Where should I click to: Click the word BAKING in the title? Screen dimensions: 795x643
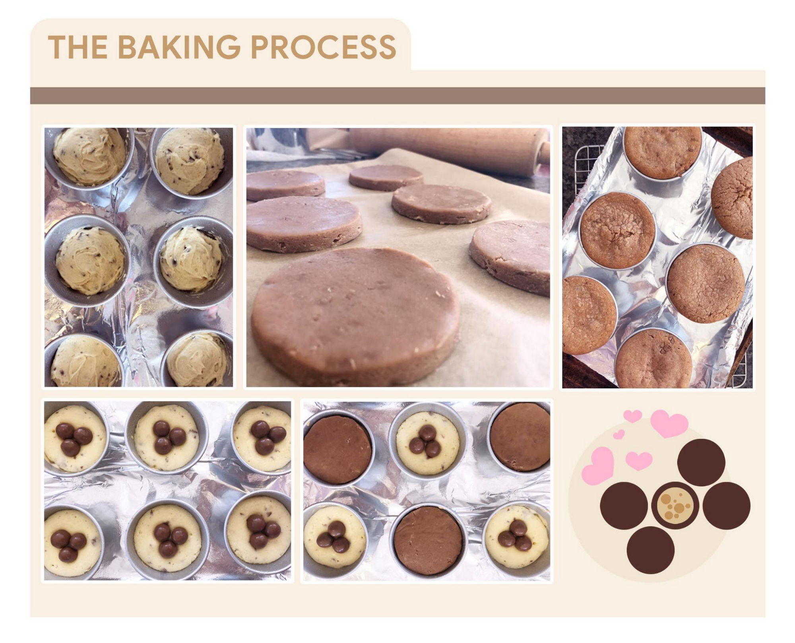pos(179,47)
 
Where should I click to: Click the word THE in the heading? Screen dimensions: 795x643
pos(78,47)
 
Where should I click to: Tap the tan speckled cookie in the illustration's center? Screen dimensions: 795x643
pos(675,506)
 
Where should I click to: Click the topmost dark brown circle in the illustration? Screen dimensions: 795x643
pos(701,462)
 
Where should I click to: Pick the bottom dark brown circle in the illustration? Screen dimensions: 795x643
pos(651,550)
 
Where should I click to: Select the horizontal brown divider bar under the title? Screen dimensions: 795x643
pos(397,96)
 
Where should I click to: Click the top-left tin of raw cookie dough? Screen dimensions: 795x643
pos(89,157)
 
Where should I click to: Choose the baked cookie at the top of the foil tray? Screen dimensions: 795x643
pos(662,153)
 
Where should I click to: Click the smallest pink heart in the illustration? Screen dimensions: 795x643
pos(619,434)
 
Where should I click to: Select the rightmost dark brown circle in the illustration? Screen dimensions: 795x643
pos(726,506)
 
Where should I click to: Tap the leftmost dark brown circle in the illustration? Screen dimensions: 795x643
pos(624,506)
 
